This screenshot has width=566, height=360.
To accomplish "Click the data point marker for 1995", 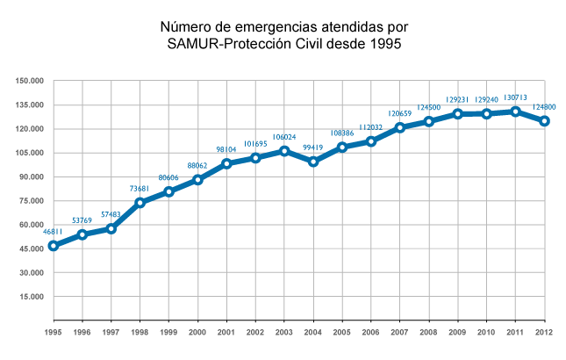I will coord(54,246).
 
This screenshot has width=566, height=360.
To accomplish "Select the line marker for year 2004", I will coord(313,162).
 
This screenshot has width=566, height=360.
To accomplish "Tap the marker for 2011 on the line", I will coord(516,112).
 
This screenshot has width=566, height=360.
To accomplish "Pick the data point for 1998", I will coord(140,203).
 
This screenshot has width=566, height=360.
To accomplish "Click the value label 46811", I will coord(54,232).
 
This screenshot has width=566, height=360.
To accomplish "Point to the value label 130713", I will coord(515,97).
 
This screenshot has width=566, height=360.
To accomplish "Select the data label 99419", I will coord(313,148).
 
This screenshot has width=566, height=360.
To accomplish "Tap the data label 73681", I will coord(140,189).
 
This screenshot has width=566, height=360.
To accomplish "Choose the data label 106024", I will coord(284,136).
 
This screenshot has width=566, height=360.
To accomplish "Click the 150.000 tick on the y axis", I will coord(30,81).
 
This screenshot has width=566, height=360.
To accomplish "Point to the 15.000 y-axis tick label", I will coord(32,297).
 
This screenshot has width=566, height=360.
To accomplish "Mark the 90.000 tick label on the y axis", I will coord(32,176).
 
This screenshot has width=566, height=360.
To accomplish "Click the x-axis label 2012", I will coord(545,333).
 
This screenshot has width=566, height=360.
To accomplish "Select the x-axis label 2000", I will coord(198,333).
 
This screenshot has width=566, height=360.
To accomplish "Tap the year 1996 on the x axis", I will coord(82,333).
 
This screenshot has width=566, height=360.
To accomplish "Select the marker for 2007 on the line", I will coord(400,127).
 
